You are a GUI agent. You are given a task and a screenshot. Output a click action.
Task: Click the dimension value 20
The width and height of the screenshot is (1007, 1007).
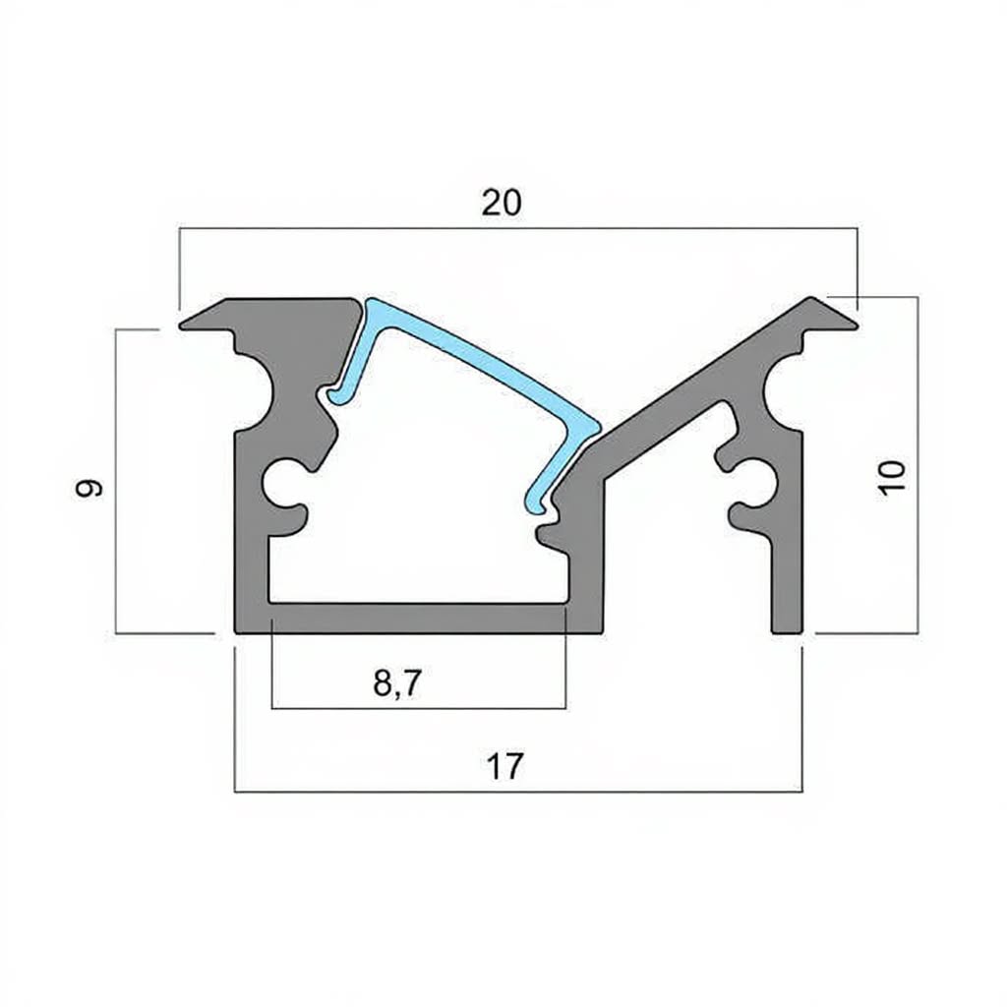click(502, 203)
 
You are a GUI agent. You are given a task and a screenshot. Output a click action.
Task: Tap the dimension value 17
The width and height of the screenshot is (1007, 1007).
click(505, 766)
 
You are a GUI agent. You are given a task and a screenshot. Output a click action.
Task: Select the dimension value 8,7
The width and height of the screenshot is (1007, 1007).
click(397, 683)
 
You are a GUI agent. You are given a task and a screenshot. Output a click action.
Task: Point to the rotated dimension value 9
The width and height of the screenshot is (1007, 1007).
click(89, 488)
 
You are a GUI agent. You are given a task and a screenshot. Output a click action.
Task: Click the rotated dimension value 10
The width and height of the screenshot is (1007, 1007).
click(892, 477)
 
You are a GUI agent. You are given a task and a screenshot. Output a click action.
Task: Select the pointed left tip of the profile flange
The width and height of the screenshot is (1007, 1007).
click(181, 325)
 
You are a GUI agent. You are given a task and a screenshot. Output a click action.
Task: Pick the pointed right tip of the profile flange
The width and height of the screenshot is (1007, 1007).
click(858, 325)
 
